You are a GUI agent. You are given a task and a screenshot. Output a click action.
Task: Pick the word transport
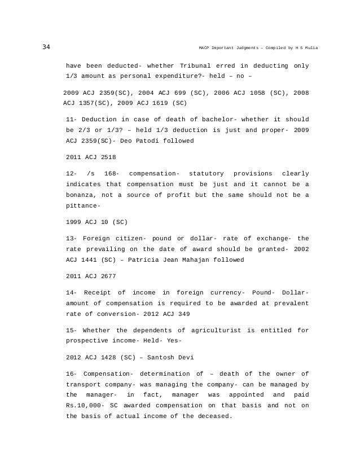tap(86, 384)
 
